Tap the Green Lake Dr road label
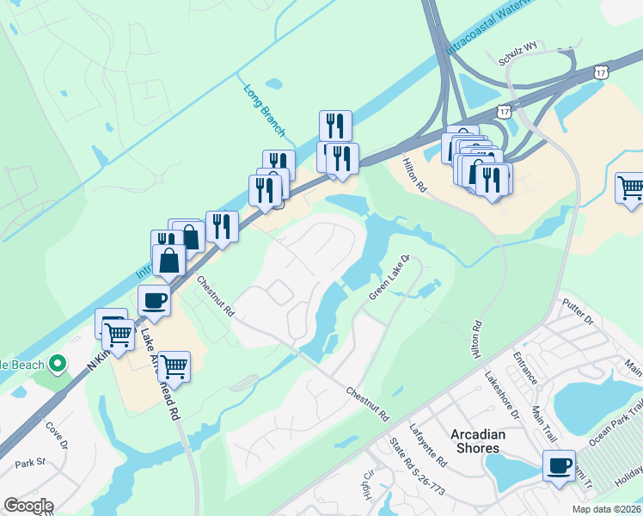(x=391, y=277)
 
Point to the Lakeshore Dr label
(x=502, y=396)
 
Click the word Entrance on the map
(x=524, y=368)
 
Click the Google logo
(x=28, y=506)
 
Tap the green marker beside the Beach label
(x=58, y=365)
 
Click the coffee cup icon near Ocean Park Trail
(x=559, y=466)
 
